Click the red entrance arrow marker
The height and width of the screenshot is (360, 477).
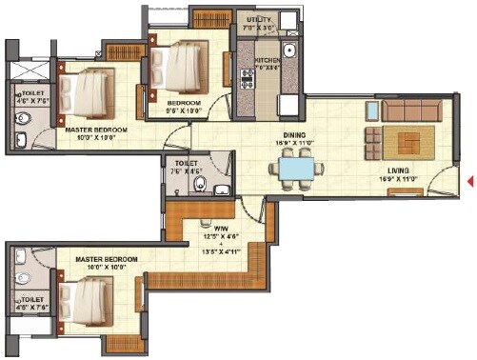(470, 181)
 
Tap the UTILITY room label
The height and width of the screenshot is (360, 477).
(259, 18)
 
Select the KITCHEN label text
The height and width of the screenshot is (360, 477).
(266, 59)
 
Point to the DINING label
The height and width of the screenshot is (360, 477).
(293, 136)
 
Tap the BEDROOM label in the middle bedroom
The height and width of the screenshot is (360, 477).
(184, 102)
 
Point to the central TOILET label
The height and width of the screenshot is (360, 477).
(188, 163)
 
